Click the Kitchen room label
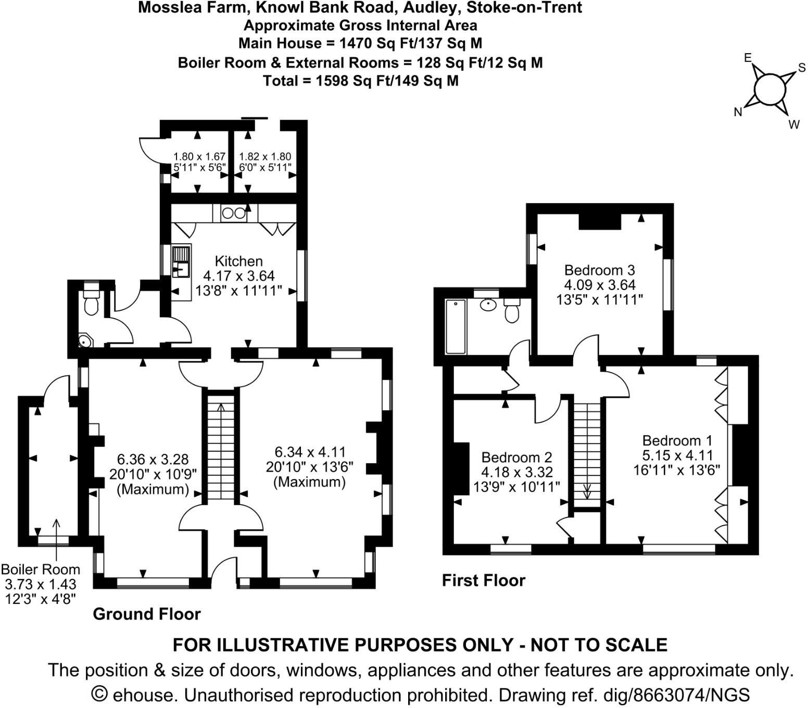pos(238,261)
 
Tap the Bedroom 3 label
pos(600,270)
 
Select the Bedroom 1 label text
pos(677,440)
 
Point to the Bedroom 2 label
pos(516,458)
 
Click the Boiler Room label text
pos(41,570)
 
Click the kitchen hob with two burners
pos(234,213)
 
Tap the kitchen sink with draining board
pos(181,261)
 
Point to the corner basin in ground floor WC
pos(85,341)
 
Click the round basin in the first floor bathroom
pos(488,305)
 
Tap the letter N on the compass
pos(738,112)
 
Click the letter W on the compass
pos(794,125)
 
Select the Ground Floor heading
pos(146,614)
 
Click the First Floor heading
pos(484,580)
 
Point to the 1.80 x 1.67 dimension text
pos(199,156)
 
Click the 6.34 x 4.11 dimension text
pos(310,452)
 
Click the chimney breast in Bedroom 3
pos(600,222)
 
